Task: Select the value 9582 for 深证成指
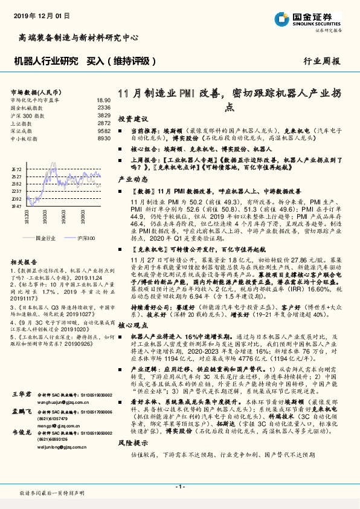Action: click(104, 130)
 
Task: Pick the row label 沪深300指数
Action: click(25, 115)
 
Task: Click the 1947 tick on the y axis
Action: click(17, 206)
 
